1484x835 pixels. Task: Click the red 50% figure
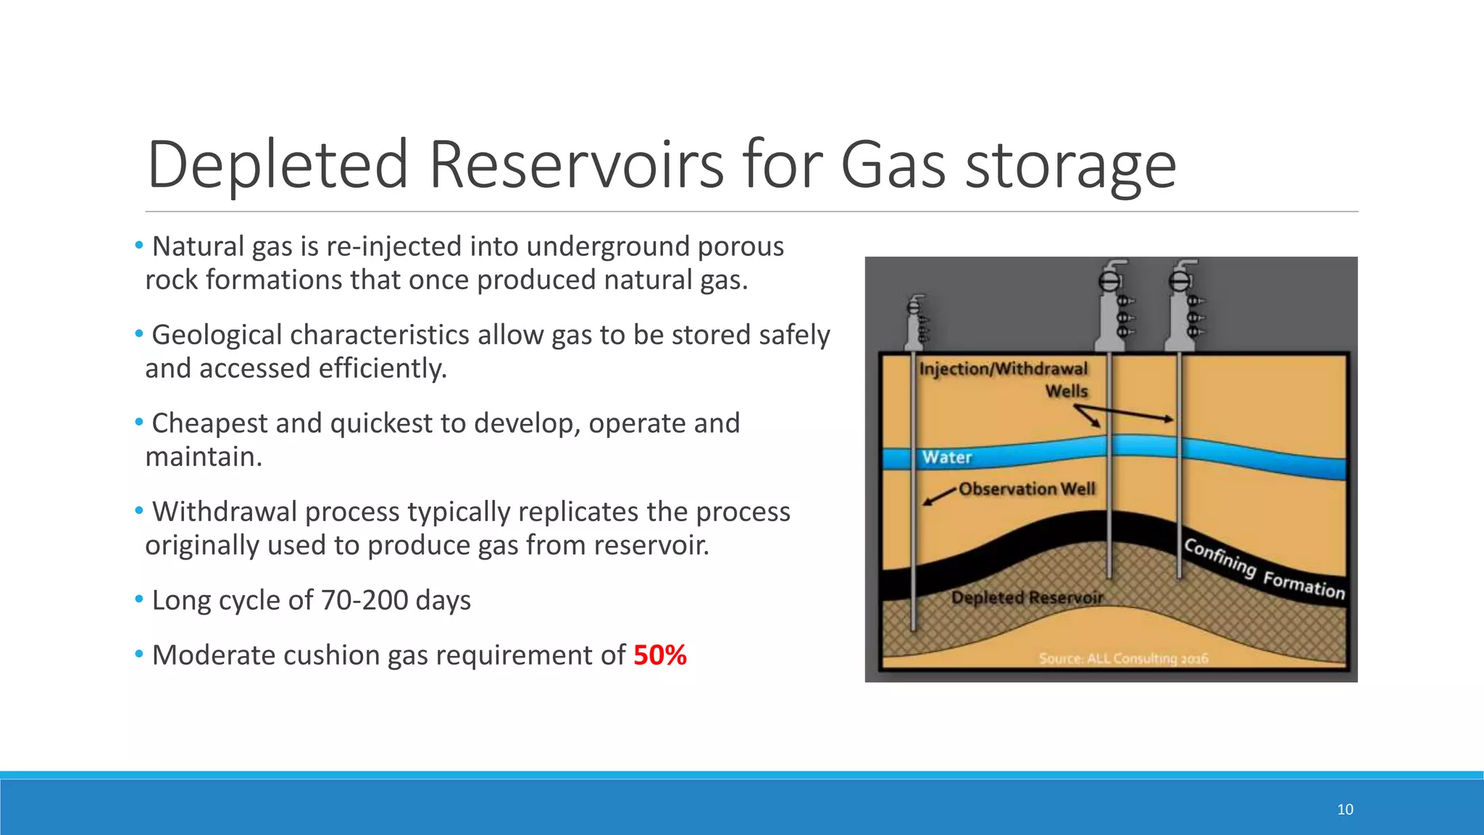659,655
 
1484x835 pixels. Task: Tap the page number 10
1345,810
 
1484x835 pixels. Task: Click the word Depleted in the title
278,165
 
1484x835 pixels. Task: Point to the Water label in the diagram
946,457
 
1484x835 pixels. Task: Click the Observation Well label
1027,489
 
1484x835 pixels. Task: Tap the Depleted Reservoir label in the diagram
1027,598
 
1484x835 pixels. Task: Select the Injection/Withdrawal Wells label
1004,379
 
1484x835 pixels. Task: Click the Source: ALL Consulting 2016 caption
1123,658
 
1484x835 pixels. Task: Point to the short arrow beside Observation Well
939,497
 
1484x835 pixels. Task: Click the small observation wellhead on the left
917,323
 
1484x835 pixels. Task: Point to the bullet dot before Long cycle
138,599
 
